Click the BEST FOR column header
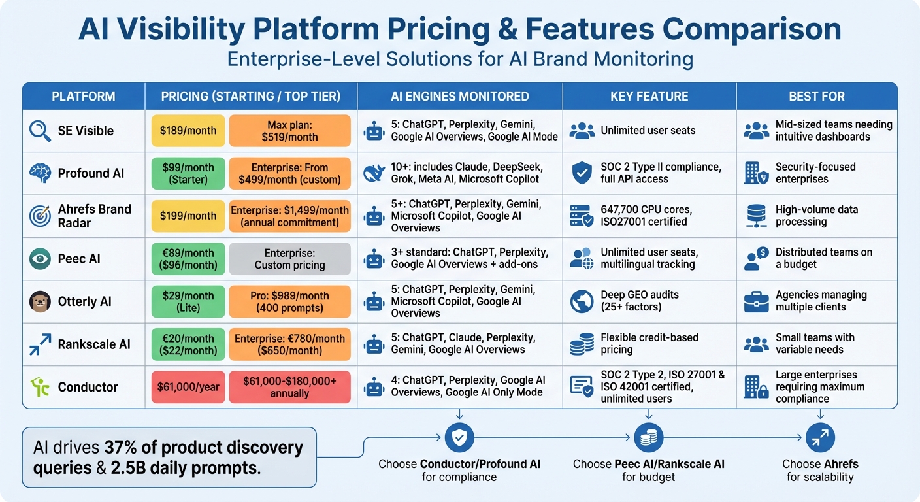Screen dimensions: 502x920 (x=817, y=97)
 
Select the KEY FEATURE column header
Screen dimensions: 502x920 (x=649, y=97)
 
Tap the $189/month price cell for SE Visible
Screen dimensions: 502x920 (x=188, y=131)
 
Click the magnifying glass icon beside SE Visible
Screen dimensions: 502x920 (x=41, y=131)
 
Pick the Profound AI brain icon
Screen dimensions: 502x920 (x=41, y=173)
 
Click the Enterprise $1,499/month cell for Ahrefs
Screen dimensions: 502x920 (x=290, y=216)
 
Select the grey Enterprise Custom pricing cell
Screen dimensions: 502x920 (x=290, y=259)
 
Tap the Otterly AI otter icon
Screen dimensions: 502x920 (x=41, y=301)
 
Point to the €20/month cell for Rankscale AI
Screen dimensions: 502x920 (x=188, y=344)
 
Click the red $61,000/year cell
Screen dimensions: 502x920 (x=188, y=387)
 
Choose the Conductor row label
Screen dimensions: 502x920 (x=88, y=387)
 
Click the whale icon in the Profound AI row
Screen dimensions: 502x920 (x=374, y=173)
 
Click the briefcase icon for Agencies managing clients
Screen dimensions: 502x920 (x=756, y=301)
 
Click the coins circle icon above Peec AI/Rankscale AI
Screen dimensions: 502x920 (x=648, y=438)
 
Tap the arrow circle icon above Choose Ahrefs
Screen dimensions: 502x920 (x=820, y=438)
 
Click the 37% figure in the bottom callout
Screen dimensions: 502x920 (x=118, y=448)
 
